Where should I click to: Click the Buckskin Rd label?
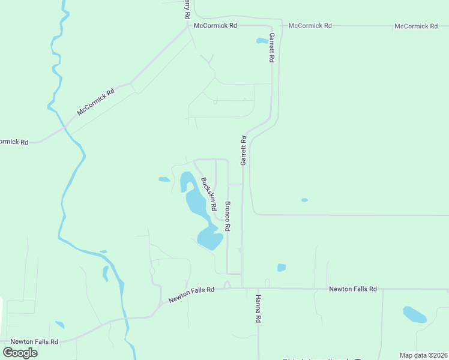pos(209,194)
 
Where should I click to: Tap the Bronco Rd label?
pos(228,217)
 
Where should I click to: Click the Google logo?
pos(20,353)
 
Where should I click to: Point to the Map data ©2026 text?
pos(424,355)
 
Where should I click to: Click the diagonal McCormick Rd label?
pos(95,103)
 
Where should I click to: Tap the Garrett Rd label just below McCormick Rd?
pos(272,48)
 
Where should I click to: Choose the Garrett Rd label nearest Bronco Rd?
pos(244,151)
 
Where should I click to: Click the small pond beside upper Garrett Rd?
pos(262,41)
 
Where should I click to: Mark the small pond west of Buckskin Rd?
pos(164,179)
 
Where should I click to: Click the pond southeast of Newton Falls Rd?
pos(414,314)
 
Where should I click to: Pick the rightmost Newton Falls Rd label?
pos(352,289)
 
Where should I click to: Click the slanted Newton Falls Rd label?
pos(191,294)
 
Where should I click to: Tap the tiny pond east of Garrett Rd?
pos(304,200)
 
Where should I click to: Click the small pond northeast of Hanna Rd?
pos(281,268)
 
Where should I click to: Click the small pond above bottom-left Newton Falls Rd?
pos(59,325)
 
